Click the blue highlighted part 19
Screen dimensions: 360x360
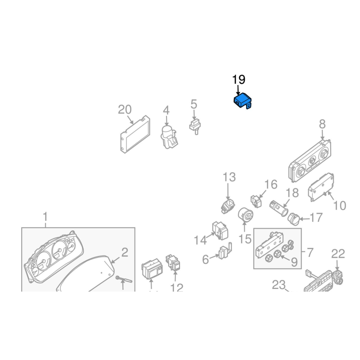[242, 101]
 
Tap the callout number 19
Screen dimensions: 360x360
[238, 80]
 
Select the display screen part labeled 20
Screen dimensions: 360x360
[135, 135]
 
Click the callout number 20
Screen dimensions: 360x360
[125, 109]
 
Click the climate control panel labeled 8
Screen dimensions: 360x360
[310, 161]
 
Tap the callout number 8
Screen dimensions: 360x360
[322, 124]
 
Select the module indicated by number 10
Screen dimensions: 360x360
[321, 187]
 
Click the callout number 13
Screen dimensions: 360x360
[229, 177]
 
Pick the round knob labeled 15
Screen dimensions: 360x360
[245, 215]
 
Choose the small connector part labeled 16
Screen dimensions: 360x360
[256, 201]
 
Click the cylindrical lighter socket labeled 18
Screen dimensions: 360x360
[279, 208]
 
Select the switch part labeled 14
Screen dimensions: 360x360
[220, 230]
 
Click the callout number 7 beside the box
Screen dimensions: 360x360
[310, 252]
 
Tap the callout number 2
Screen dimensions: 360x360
[125, 252]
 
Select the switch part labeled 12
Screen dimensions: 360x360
[173, 262]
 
